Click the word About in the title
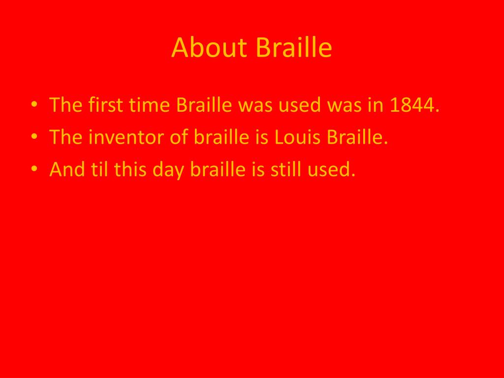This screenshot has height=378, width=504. click(209, 48)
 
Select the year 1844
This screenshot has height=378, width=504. click(414, 105)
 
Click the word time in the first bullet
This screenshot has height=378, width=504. click(149, 105)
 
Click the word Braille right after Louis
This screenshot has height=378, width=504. click(357, 136)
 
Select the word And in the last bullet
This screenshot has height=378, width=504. click(67, 169)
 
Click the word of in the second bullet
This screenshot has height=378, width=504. click(179, 136)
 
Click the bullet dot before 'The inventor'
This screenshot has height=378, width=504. click(34, 137)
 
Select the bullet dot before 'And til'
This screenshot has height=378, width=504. click(34, 169)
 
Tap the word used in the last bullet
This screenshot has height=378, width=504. click(331, 169)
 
